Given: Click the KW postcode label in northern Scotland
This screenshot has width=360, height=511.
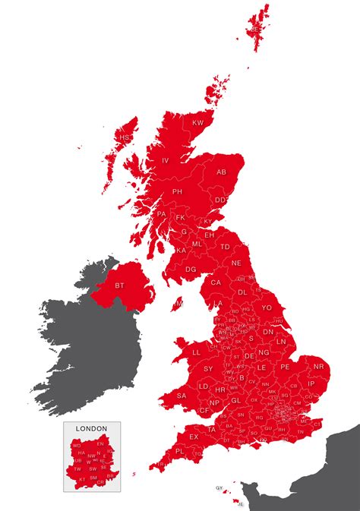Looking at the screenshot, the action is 198,123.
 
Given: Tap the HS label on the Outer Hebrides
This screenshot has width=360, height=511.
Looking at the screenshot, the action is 125,137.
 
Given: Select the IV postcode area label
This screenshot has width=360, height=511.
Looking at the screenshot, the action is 166,160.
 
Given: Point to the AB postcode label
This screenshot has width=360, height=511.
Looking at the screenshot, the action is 222,172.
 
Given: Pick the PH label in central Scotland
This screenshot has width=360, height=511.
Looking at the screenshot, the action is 178,191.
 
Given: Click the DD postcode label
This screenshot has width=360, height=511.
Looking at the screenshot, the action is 220,200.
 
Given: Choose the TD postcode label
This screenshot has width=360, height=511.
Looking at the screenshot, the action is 225,247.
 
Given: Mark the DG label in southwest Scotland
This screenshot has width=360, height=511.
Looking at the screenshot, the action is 191,269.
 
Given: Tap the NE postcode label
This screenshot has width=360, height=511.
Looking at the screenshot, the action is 236,263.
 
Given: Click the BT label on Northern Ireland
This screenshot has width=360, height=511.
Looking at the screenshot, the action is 119,285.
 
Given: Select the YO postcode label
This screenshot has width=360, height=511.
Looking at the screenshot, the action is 267,308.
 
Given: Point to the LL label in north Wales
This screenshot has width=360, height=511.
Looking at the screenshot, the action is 197,352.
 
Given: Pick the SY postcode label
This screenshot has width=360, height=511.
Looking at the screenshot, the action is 208,368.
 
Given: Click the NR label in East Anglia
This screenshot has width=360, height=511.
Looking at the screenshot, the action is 318,367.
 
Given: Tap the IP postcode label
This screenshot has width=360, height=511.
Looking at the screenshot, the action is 311,384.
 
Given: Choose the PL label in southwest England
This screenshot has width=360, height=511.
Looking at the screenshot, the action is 179,450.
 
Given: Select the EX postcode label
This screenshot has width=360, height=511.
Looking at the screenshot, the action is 194,437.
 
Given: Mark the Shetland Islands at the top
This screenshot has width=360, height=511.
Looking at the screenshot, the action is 257,23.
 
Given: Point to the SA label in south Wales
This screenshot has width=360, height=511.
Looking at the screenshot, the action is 182,396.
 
